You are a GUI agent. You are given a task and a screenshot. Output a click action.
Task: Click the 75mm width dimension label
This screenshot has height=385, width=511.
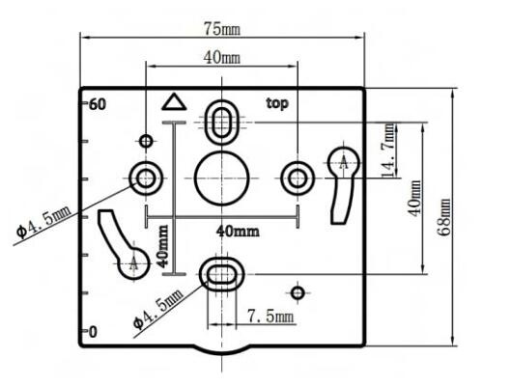(222, 29)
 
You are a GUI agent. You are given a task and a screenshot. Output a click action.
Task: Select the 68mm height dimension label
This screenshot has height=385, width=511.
(444, 217)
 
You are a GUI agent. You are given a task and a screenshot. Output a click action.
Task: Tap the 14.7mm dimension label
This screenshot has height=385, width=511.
(388, 151)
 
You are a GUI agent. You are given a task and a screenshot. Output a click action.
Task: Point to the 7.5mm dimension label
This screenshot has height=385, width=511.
(270, 316)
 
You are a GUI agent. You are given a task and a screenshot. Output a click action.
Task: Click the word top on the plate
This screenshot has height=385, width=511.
(277, 104)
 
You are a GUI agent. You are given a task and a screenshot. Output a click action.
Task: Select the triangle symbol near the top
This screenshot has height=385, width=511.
(174, 102)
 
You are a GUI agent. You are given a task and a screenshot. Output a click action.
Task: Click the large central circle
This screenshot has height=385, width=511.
(221, 178)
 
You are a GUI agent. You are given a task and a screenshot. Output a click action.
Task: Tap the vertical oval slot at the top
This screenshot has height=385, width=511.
(221, 122)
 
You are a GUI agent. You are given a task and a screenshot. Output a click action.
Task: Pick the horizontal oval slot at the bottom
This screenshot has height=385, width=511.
(221, 274)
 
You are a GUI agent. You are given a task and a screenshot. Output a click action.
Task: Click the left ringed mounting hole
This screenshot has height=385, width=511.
(146, 178)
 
